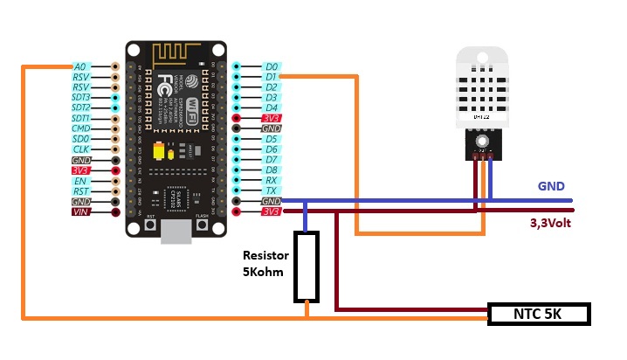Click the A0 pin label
coord(80,66)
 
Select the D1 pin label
coord(272,77)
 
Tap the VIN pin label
coord(81,212)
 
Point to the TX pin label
coord(272,190)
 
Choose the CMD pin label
coord(80,128)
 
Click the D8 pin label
coord(272,170)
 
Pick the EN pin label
coord(80,181)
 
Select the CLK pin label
coord(80,149)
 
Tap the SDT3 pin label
coord(80,98)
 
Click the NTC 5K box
coord(539,314)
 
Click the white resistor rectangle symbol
coord(306,267)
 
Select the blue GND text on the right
coord(550,186)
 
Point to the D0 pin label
coord(272,66)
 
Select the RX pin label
coord(272,181)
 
